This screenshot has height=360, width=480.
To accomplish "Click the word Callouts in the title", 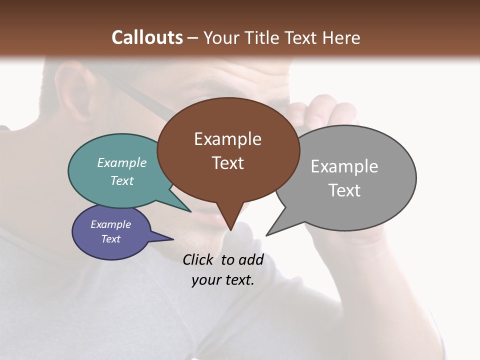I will [x=147, y=37].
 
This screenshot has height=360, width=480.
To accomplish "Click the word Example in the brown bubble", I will [x=227, y=139].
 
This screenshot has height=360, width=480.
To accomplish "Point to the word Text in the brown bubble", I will [x=227, y=163].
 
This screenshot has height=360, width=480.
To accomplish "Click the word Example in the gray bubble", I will [x=344, y=166].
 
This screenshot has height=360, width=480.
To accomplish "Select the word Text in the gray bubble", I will [x=344, y=190].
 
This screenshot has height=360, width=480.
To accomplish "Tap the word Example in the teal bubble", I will [x=121, y=162].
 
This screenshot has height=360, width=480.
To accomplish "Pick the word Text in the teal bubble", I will [x=121, y=180].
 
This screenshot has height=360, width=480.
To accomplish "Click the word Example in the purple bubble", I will [x=110, y=224].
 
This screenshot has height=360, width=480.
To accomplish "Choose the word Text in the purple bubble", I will [x=110, y=239].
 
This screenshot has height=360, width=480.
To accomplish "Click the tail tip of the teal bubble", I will [x=190, y=211].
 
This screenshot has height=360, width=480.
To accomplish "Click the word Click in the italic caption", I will [x=199, y=259].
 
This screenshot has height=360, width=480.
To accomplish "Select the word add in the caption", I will [x=251, y=259].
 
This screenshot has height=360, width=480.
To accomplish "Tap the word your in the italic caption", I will [x=206, y=280].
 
